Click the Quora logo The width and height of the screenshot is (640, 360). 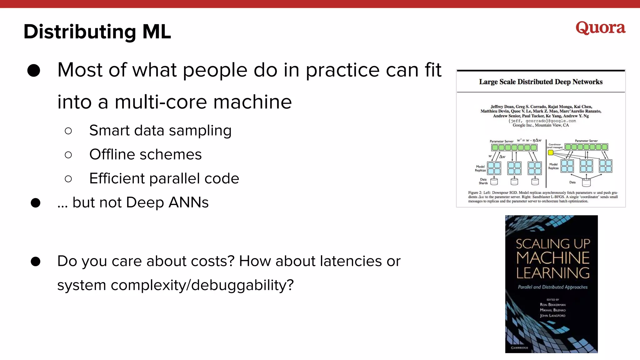point(600,28)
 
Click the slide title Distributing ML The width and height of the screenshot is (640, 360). point(97,32)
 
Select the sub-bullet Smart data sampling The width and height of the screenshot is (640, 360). point(160,131)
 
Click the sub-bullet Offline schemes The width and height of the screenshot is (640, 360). point(145,155)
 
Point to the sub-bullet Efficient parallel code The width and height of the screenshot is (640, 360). point(164,179)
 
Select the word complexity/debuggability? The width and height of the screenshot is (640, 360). point(202,285)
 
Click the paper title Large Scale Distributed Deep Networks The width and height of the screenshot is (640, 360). point(541,82)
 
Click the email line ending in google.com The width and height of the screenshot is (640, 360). point(542,121)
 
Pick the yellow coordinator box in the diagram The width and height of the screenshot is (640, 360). point(551,152)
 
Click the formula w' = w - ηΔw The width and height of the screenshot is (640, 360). point(529,140)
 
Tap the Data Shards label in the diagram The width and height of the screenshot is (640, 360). point(483,181)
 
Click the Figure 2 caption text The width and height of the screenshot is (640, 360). point(543,197)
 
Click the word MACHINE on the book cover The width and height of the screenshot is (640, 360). point(552,258)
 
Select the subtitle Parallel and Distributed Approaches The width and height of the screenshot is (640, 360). point(552,287)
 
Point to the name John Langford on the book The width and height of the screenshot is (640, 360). point(552,316)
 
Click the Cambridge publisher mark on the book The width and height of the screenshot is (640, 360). point(519,347)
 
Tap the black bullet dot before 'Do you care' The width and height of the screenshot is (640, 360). point(36,262)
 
